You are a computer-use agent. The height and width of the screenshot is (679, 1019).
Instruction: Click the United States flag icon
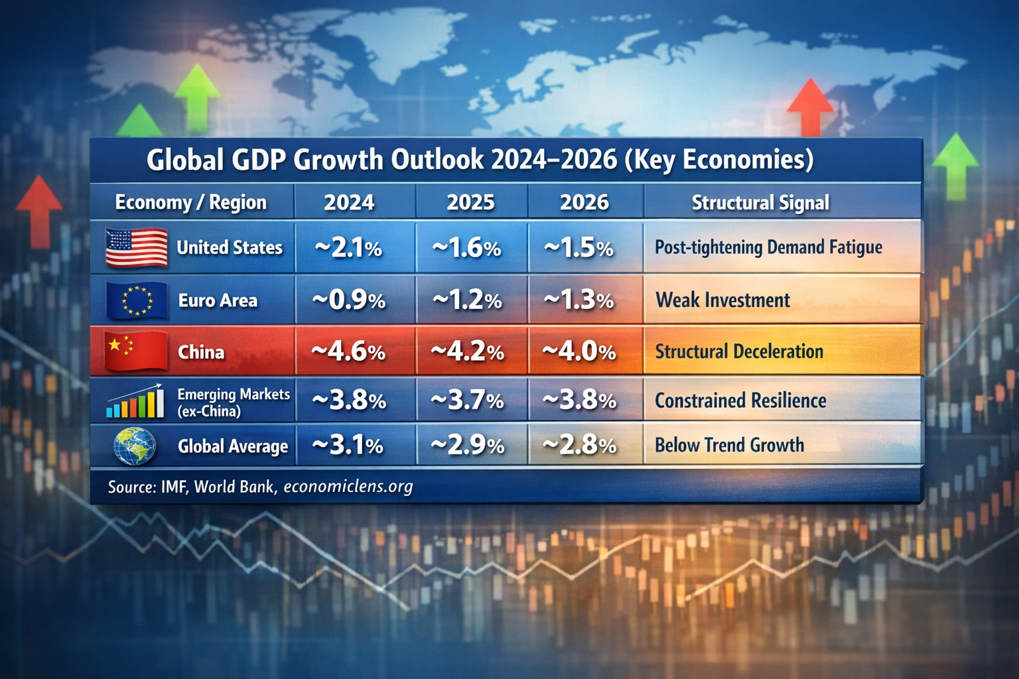[137, 247]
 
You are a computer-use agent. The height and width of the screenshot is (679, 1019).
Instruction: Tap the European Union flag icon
[137, 300]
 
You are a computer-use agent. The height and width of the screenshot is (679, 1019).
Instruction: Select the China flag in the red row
[137, 351]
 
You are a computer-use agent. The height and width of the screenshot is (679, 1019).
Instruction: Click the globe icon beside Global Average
[135, 446]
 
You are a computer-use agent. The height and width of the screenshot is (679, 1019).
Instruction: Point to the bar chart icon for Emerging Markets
[135, 401]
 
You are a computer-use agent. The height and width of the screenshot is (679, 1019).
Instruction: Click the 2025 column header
[470, 202]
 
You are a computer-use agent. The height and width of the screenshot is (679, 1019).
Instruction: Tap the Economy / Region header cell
[191, 202]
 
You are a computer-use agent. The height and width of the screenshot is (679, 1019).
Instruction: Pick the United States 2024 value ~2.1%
[348, 248]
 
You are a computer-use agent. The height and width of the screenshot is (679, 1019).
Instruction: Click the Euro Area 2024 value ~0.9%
[348, 300]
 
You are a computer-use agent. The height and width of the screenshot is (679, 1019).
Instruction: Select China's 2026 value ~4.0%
[579, 351]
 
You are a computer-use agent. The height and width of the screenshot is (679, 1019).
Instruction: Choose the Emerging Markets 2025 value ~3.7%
[467, 401]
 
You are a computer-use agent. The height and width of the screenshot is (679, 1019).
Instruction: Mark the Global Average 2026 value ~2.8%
[579, 446]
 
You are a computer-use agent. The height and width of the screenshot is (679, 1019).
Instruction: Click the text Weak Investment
[722, 300]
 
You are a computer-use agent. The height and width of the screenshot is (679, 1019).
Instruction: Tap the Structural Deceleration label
[739, 351]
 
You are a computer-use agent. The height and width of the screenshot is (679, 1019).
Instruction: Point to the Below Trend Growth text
[729, 445]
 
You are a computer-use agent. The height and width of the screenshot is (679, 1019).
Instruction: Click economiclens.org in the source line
[348, 487]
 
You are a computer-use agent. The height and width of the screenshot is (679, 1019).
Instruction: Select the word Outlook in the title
[437, 160]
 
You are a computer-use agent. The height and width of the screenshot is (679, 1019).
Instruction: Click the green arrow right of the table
[955, 166]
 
